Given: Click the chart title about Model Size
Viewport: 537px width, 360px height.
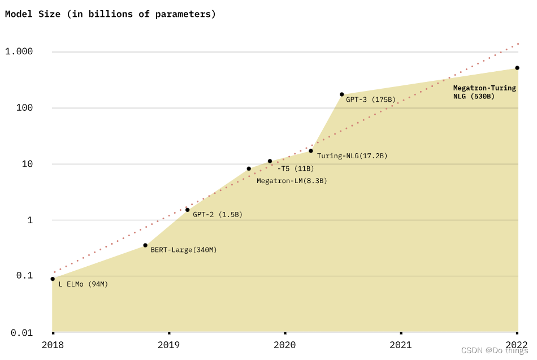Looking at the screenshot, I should [111, 14].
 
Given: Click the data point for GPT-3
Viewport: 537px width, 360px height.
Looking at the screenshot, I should [342, 94].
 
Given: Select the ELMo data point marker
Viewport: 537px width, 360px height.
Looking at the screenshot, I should [53, 279].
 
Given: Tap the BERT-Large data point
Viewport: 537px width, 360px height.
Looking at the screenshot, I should [145, 245].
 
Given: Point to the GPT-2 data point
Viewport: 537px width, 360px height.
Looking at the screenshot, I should [188, 210].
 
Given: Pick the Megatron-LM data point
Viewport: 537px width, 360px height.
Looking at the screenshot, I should [249, 168].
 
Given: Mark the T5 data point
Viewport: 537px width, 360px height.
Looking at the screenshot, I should [270, 161].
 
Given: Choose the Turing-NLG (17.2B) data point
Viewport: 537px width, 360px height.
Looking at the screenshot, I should [311, 151].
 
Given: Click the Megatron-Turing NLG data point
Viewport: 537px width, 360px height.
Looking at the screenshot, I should [517, 68].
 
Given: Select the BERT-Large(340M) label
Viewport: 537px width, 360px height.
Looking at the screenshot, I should [184, 250].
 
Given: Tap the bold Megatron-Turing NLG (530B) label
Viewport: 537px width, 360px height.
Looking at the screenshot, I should [484, 92].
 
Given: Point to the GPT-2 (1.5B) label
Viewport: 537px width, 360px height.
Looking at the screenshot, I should [218, 215].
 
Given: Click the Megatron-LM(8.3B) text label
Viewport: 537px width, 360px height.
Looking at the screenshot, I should [292, 181].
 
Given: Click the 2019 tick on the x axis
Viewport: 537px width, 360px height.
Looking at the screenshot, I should [168, 344].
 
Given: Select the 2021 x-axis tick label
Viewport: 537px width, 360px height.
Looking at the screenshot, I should [401, 344].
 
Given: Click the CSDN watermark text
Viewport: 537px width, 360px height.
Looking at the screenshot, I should [495, 350].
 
